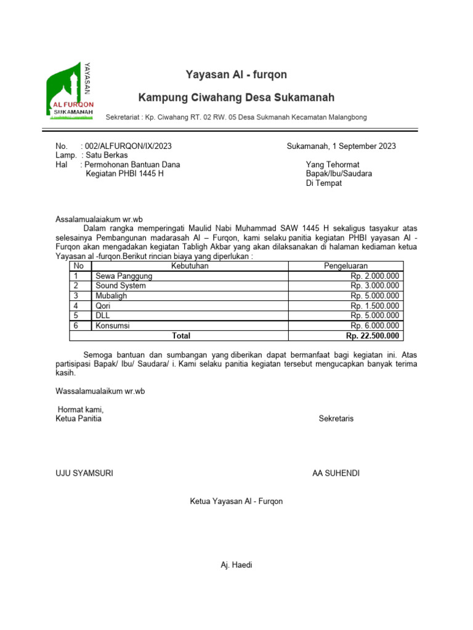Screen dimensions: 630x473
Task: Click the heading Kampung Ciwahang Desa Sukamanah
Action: click(236, 98)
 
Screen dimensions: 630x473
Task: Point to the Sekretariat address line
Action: click(236, 117)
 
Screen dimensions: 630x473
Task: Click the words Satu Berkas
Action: click(107, 155)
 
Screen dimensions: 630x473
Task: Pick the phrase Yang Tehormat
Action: click(332, 164)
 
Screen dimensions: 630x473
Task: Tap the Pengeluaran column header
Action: click(346, 266)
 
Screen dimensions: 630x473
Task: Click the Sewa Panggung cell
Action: click(124, 276)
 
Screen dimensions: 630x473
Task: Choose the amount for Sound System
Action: click(374, 286)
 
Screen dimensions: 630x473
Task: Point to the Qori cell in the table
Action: click(103, 306)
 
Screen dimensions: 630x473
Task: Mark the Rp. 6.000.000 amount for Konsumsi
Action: click(374, 325)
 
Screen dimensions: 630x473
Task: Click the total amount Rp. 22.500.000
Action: click(372, 336)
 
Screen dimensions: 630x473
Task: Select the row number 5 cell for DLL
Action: click(76, 316)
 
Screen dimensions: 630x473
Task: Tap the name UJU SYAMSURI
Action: click(84, 473)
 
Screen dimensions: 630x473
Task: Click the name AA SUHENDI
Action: click(336, 473)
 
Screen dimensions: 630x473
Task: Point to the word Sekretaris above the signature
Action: click(336, 419)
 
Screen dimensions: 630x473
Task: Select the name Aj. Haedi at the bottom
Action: click(236, 565)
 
